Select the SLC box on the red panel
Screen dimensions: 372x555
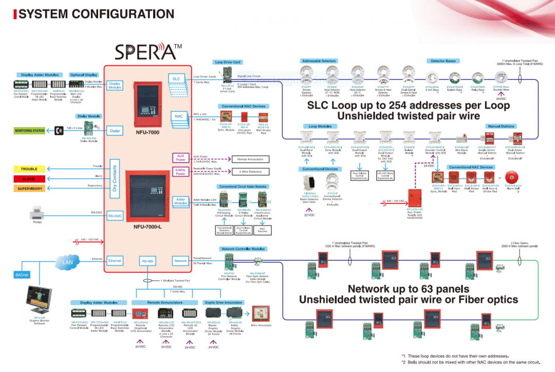pos(176,79)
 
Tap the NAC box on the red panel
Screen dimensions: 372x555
pos(178,116)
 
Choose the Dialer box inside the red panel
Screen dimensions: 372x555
pos(115,131)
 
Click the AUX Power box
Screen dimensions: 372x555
pos(180,157)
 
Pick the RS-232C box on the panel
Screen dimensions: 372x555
pos(115,216)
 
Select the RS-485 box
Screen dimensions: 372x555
pos(148,261)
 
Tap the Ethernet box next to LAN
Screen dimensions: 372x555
pos(115,261)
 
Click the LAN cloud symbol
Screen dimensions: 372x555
pos(68,262)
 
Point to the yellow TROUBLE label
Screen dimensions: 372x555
pos(29,169)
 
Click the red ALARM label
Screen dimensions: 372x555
pos(29,179)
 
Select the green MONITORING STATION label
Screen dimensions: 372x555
pos(29,131)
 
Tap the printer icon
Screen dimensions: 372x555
pos(38,211)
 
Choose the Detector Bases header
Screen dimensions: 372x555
pos(443,61)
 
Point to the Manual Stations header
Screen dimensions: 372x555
pos(501,126)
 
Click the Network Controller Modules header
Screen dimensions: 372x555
pos(243,249)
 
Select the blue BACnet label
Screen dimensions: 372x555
pos(22,275)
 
